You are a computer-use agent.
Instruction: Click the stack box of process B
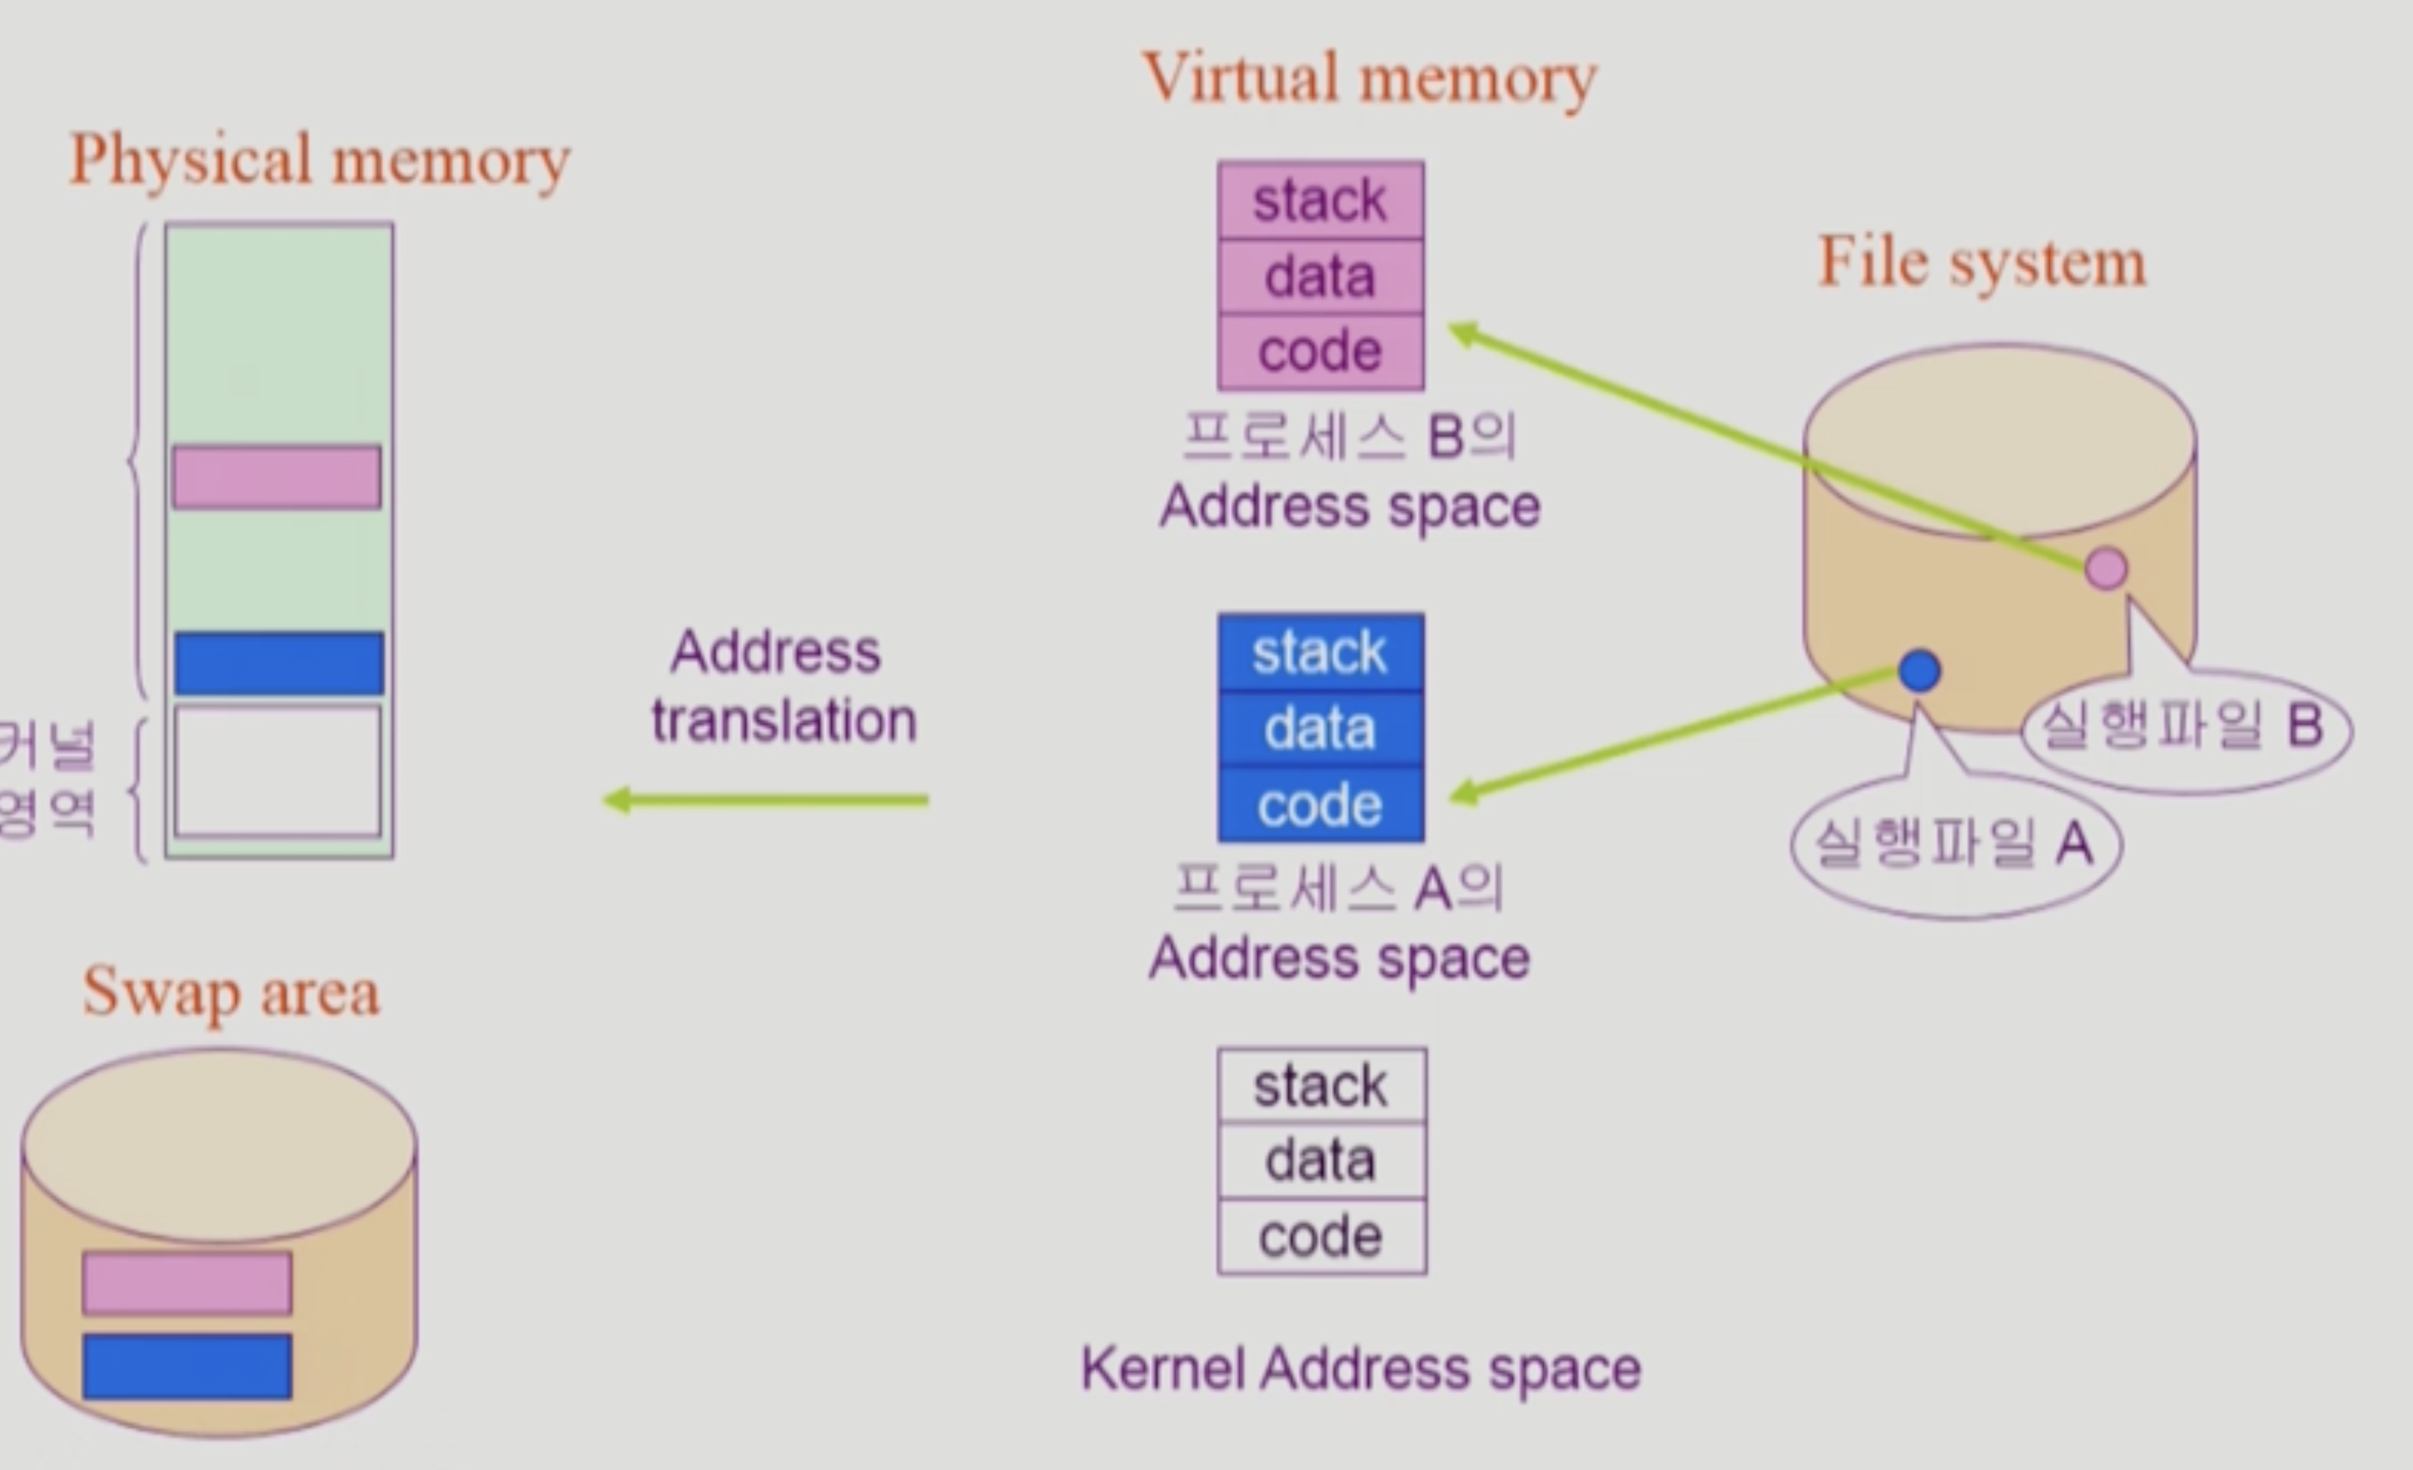1320,201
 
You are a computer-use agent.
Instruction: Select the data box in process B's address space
1320,276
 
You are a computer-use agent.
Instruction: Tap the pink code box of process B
1320,351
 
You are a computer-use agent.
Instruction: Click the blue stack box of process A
1320,652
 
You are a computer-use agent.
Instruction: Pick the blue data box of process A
1320,729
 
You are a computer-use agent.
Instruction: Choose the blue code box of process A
1320,805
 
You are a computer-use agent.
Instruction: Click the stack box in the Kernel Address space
1321,1085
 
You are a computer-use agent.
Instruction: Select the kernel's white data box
1321,1161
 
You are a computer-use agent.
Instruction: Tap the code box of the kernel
1321,1236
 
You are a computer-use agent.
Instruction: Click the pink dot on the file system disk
2105,568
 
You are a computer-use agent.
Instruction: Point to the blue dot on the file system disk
1918,671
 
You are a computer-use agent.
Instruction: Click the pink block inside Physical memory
277,477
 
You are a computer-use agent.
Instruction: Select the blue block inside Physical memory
279,663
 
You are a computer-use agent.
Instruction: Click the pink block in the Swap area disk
187,1282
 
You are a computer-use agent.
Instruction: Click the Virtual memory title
1369,78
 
